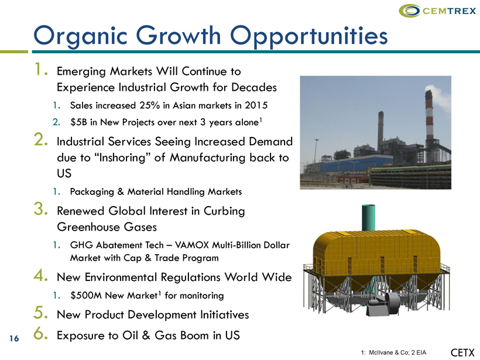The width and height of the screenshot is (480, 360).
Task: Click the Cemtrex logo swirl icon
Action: (410, 11)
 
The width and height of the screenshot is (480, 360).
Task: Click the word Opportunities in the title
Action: (309, 36)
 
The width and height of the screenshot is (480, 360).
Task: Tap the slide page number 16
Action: (14, 338)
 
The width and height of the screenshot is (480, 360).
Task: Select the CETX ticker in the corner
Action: (462, 352)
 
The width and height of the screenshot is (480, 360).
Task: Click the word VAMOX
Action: (192, 245)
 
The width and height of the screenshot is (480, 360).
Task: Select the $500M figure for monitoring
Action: (85, 296)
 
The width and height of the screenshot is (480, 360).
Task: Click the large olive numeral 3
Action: (40, 210)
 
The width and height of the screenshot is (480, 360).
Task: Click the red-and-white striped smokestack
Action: (429, 118)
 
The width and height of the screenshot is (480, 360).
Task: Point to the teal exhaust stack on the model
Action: (368, 218)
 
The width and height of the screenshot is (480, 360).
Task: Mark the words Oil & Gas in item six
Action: (150, 335)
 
